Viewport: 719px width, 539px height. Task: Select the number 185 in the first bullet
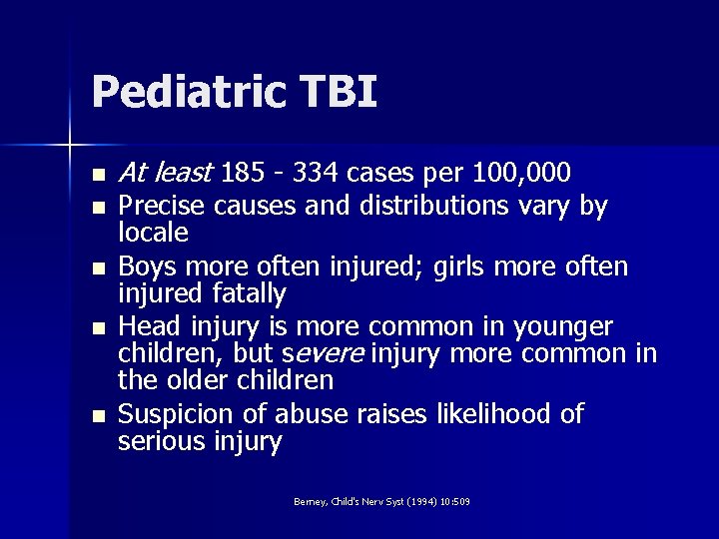[244, 174]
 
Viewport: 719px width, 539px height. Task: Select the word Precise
[161, 206]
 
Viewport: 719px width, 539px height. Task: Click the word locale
[153, 233]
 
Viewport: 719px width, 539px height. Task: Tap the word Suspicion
[175, 414]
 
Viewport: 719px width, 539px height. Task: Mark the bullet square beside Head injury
[97, 328]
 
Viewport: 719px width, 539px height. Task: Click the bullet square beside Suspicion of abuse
[97, 415]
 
